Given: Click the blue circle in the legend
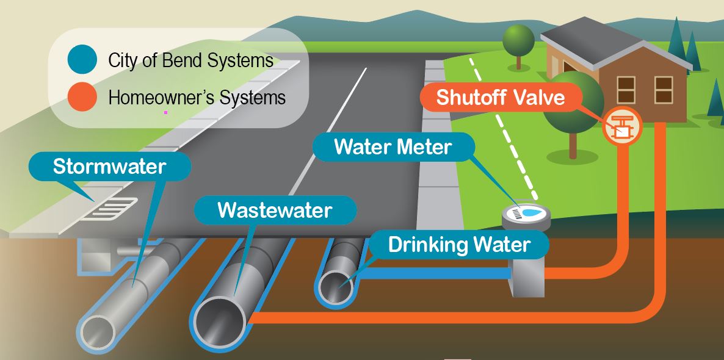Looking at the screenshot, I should tap(82, 60).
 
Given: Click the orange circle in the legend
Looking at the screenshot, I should tap(82, 97).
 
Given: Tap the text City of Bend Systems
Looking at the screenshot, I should tap(190, 60).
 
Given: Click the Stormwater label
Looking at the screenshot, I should tap(110, 167).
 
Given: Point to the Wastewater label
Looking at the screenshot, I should tap(275, 211).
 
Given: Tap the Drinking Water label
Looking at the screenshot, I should tap(459, 245).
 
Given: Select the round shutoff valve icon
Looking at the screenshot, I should tap(622, 126).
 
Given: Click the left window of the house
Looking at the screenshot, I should tap(626, 90).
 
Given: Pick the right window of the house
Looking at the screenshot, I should tap(663, 90).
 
